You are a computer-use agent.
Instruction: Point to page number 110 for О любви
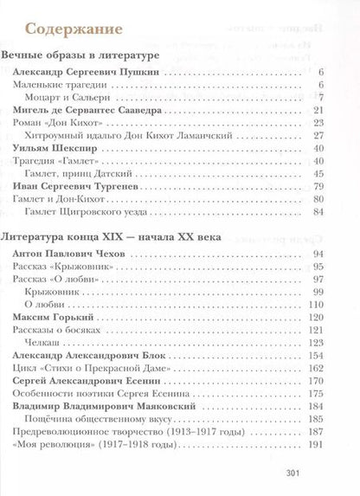[316, 306]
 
